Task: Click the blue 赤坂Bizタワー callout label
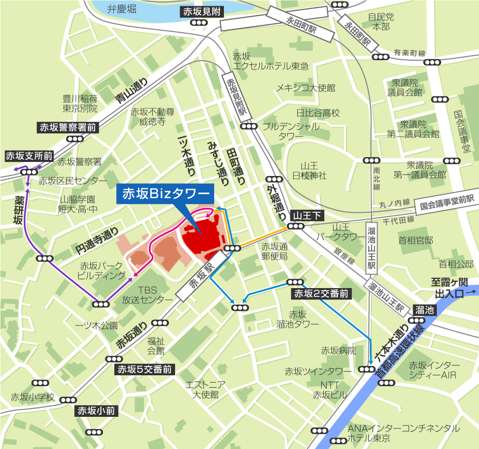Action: pyautogui.click(x=165, y=194)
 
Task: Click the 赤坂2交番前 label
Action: pyautogui.click(x=322, y=294)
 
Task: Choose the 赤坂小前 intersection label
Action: pyautogui.click(x=97, y=411)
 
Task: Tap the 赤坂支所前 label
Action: pyautogui.click(x=29, y=156)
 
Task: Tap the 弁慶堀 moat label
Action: pyautogui.click(x=121, y=9)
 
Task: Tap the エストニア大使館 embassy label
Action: pyautogui.click(x=205, y=389)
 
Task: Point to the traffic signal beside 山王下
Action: pyautogui.click(x=296, y=226)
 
